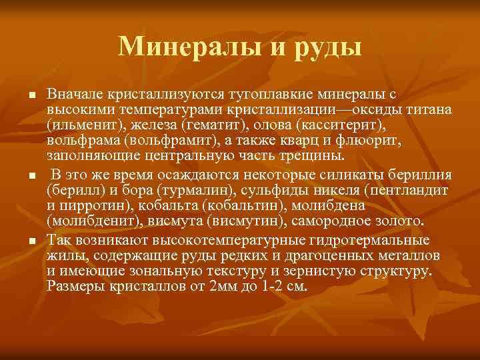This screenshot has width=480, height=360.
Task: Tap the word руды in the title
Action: click(x=327, y=46)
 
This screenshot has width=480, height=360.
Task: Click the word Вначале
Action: click(x=73, y=95)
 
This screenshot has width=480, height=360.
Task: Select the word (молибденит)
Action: click(x=87, y=221)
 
